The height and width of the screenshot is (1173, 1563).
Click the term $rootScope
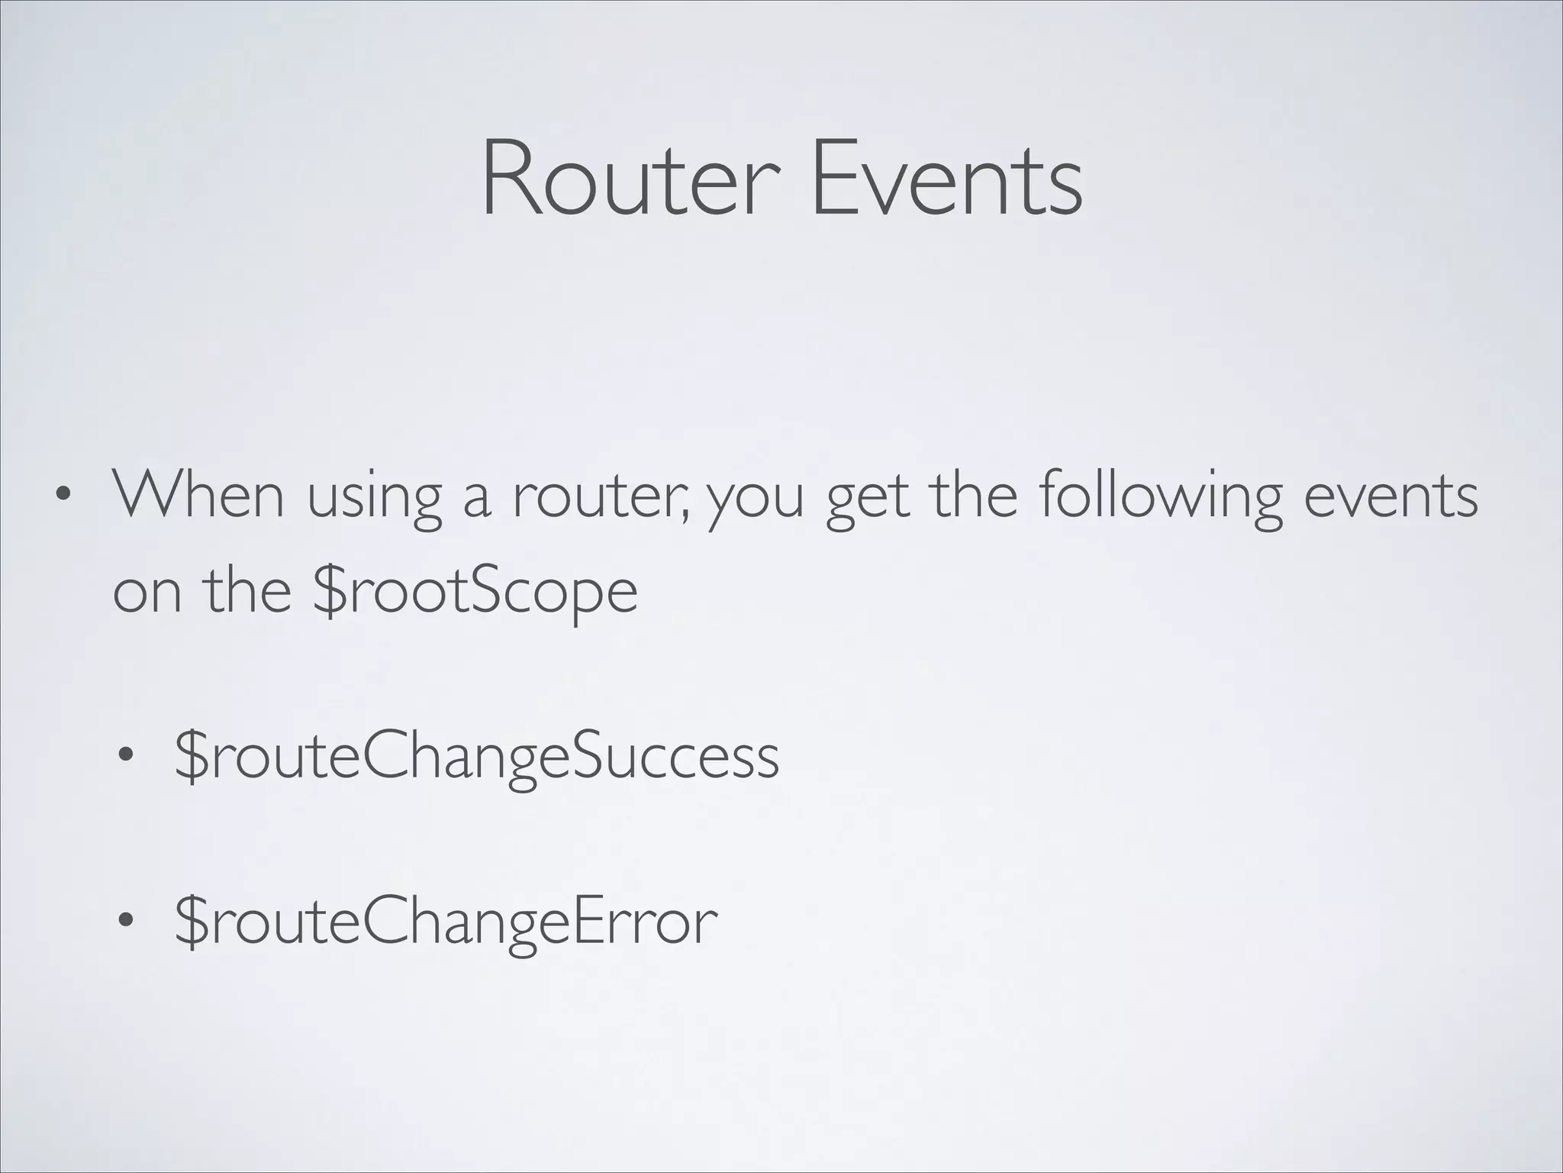click(475, 593)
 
